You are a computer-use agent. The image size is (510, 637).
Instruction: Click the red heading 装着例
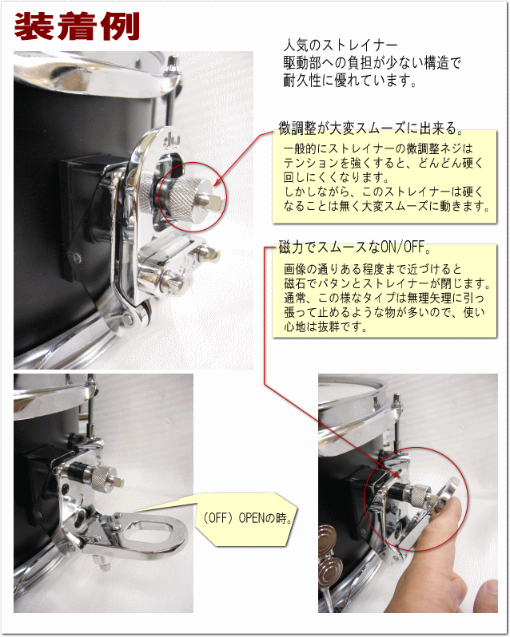[77, 26]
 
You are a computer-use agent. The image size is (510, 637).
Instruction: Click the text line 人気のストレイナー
[340, 44]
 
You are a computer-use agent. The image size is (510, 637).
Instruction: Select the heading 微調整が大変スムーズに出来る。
[370, 128]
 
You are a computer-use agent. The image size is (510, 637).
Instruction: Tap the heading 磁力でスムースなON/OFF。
[355, 247]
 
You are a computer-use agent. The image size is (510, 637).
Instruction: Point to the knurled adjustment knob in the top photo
[184, 189]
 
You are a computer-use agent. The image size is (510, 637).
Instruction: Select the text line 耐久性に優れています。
[350, 81]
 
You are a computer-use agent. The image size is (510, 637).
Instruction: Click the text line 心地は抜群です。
[326, 326]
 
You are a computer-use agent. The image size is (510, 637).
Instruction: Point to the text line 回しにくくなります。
[337, 177]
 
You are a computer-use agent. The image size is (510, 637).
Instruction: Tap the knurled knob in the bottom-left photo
[102, 478]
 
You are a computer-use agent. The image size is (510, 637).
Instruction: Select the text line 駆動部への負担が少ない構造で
[373, 62]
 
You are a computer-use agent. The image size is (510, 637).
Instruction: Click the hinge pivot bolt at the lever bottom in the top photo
[129, 318]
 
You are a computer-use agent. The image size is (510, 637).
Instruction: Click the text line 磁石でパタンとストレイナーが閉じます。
[387, 283]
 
